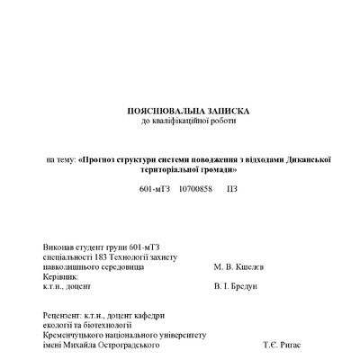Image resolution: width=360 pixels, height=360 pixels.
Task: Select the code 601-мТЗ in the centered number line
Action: click(x=155, y=191)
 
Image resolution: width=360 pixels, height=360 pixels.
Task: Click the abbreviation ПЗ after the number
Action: click(x=232, y=191)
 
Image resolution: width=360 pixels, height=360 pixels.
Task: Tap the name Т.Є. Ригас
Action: click(x=282, y=345)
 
